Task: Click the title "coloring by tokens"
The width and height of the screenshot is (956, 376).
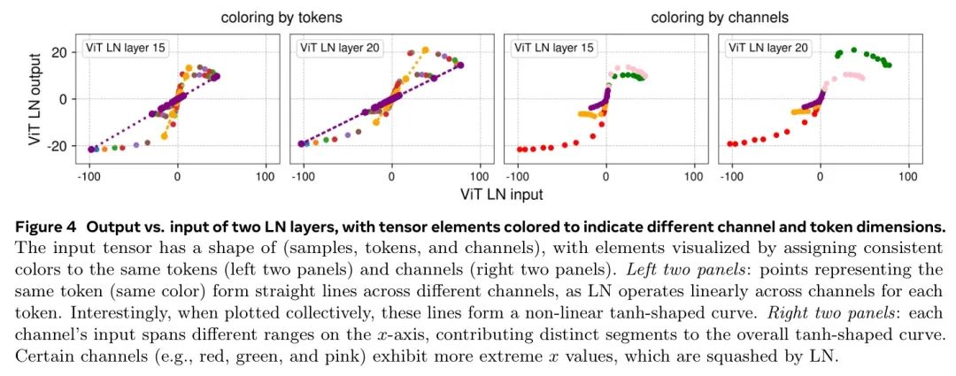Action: point(282,17)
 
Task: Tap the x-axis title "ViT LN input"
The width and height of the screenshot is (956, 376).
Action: point(501,192)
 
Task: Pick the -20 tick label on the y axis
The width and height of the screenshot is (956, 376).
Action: point(56,145)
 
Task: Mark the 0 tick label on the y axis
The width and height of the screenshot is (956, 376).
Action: point(63,98)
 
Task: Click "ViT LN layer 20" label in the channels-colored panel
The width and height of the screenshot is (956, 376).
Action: point(767,48)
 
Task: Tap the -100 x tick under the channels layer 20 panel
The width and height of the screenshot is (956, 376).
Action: point(731,177)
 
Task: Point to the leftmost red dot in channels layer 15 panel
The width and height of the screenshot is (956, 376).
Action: point(520,150)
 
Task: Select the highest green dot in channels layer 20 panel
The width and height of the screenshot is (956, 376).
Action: point(853,50)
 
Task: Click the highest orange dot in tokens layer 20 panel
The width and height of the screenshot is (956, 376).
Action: point(426,50)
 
